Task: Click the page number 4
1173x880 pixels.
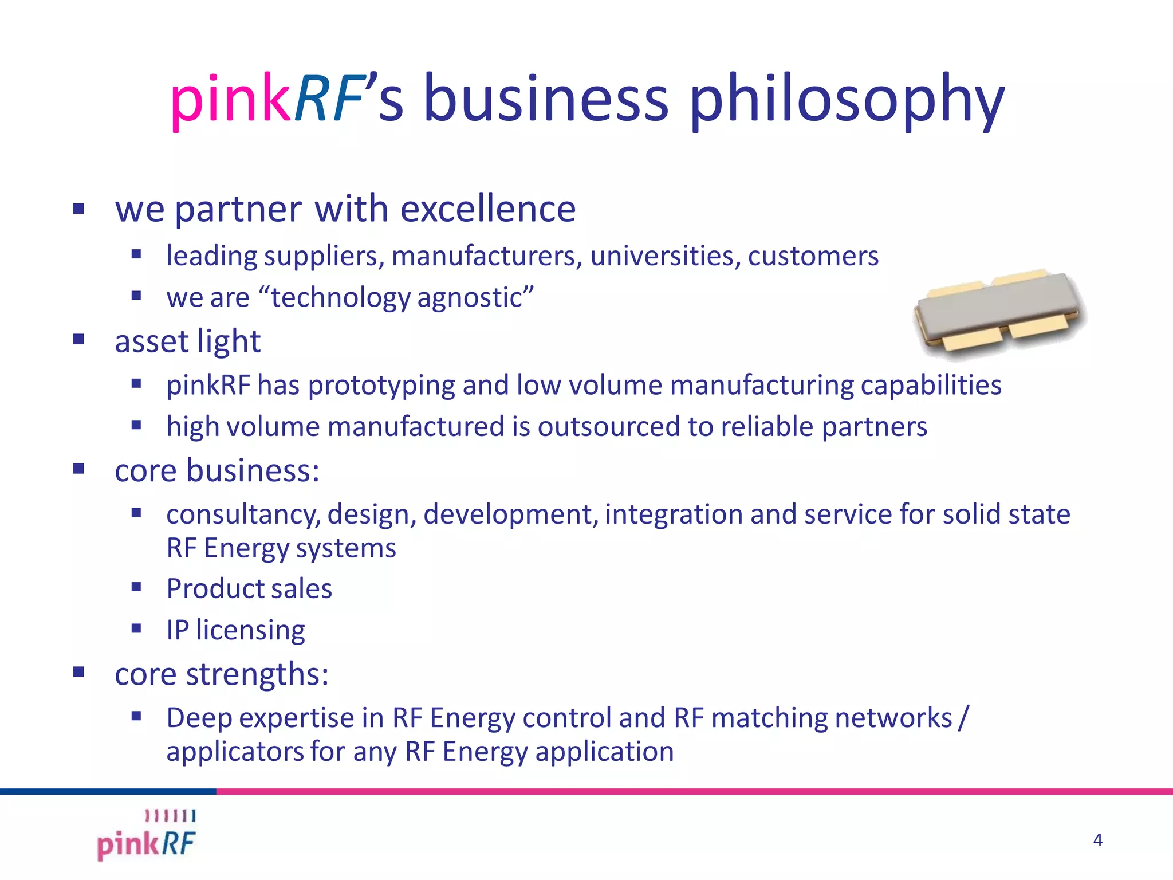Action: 1097,840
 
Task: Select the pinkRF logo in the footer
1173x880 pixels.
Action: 147,836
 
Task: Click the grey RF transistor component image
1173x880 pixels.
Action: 1000,312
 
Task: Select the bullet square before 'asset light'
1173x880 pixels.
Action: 79,339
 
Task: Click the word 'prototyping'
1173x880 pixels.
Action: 381,384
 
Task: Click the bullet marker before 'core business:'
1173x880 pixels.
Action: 79,469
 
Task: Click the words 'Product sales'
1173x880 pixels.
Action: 249,588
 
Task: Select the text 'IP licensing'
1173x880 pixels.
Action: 235,630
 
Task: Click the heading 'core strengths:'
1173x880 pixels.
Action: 222,674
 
